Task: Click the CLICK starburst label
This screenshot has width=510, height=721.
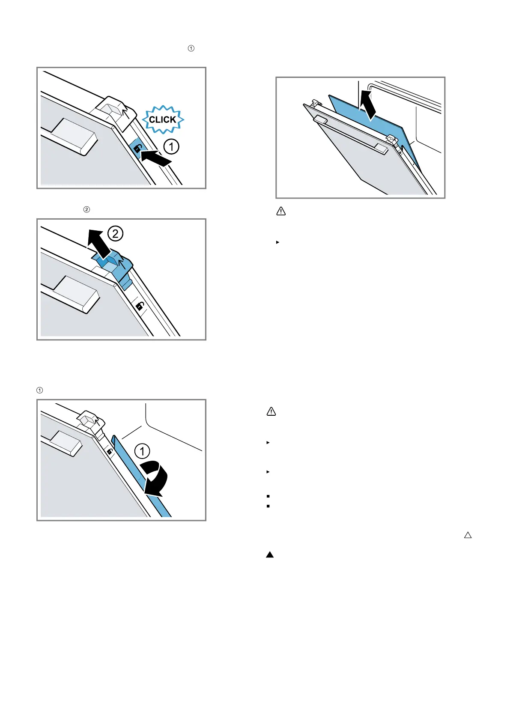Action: point(163,119)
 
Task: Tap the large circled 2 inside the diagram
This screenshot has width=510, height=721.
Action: point(115,234)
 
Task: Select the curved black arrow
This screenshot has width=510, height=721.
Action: point(155,478)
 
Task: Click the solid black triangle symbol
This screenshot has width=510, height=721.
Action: point(270,554)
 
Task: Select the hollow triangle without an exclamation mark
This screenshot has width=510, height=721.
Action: point(468,535)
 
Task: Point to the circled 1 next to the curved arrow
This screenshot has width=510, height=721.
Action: point(142,451)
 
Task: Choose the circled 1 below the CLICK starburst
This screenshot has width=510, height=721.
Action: point(171,147)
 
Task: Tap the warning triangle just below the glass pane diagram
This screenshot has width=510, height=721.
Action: point(281,211)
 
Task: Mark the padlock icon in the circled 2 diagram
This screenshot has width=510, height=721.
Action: point(140,306)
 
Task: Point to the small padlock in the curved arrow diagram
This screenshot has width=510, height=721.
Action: point(110,451)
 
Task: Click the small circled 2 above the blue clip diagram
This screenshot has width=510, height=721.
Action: point(86,209)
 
